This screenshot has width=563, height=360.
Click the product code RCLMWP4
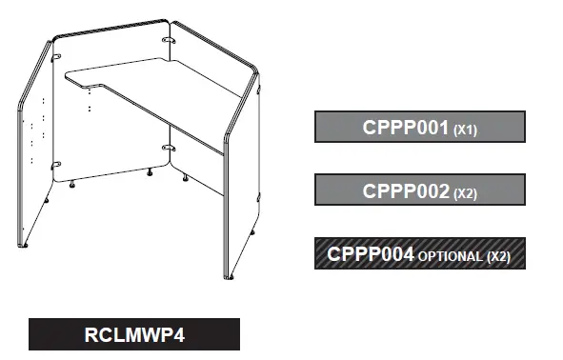point(134,334)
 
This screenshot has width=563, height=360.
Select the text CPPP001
point(405,127)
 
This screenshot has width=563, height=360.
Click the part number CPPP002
point(405,190)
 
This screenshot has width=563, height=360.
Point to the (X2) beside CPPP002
point(465,193)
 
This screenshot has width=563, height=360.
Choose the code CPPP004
point(370,254)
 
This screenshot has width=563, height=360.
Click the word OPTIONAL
point(450,257)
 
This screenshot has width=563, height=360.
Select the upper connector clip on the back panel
point(169,44)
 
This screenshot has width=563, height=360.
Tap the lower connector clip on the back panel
point(168,149)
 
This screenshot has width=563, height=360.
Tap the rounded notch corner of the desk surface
point(92,90)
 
